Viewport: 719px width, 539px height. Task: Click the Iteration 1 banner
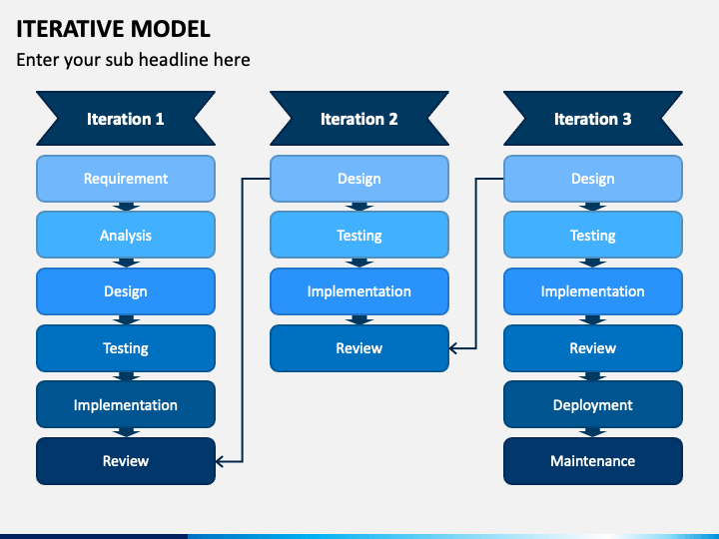126,118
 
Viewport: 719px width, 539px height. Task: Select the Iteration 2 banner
359,118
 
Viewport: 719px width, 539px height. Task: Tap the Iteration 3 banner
593,118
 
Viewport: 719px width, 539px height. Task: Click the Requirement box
126,179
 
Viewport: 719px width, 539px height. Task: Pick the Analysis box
126,235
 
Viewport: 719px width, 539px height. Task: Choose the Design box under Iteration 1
126,291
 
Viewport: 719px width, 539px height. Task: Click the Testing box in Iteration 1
126,348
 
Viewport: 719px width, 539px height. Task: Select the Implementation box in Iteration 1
126,404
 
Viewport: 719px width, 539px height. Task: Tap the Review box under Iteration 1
126,461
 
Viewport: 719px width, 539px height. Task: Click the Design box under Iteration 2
359,179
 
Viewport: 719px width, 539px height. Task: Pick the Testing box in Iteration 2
359,235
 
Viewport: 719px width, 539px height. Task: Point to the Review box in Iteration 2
359,348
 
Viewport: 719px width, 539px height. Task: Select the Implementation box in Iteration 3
593,291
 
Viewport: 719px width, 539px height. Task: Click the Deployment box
593,404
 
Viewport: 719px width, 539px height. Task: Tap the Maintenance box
593,461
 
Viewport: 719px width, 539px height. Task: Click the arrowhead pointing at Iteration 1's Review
219,461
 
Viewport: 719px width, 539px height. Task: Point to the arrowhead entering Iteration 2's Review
452,348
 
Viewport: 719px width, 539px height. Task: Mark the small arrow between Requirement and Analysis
126,207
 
